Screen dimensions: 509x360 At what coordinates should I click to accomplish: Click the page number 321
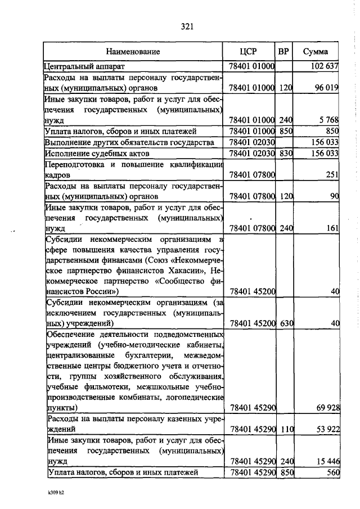coord(187,26)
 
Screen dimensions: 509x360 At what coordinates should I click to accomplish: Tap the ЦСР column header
coord(248,52)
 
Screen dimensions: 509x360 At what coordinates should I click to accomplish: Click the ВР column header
coord(284,52)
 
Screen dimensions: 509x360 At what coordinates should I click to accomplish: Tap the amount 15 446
coord(327,462)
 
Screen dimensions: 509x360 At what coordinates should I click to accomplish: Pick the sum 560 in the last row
coord(332,473)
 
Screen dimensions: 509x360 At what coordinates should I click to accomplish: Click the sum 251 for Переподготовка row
coord(332,175)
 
